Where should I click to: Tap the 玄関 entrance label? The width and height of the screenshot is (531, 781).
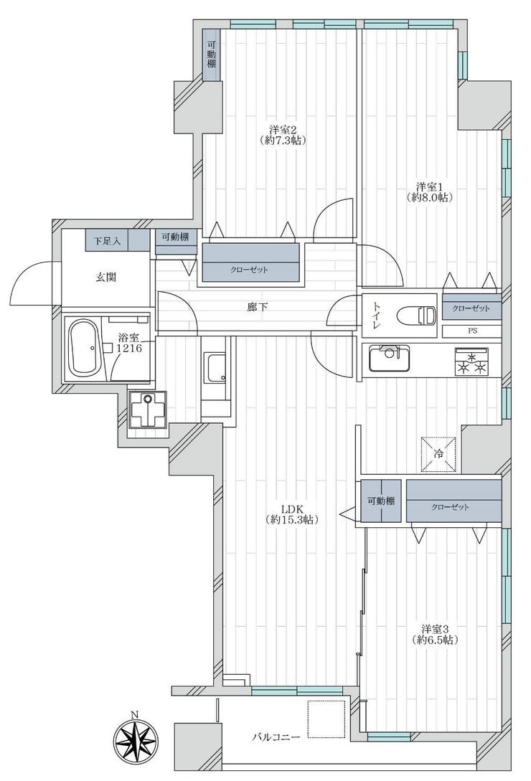pyautogui.click(x=105, y=277)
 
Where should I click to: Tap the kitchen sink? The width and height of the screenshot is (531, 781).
pyautogui.click(x=389, y=358)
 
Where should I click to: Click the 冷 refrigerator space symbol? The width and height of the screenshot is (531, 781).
pyautogui.click(x=438, y=454)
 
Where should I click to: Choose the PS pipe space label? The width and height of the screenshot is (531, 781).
pyautogui.click(x=471, y=330)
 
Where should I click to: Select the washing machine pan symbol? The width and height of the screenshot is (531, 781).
pyautogui.click(x=148, y=408)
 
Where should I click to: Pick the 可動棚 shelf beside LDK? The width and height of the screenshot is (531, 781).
pyautogui.click(x=381, y=501)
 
